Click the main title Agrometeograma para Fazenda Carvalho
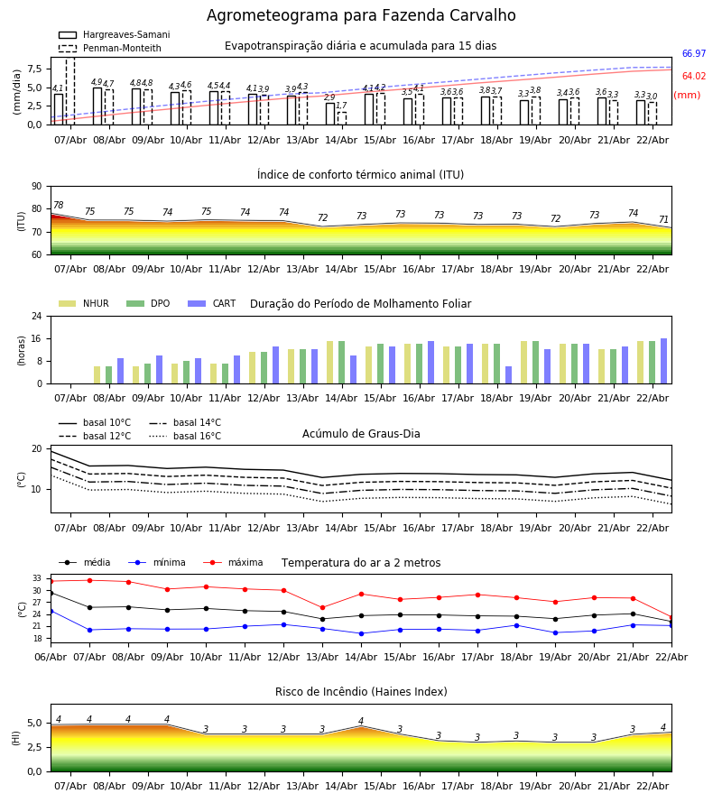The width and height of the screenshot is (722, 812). tap(361, 16)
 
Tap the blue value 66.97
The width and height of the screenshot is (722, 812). tap(693, 54)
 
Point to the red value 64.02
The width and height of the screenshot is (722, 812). tap(693, 77)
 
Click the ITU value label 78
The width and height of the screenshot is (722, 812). tap(58, 206)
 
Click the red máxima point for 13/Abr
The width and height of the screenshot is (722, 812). tap(322, 607)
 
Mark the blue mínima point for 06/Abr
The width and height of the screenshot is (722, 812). tap(51, 611)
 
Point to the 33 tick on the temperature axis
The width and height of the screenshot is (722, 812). tap(37, 578)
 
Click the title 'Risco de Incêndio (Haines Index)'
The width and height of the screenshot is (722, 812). tap(361, 692)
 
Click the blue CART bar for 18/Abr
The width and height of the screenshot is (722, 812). tap(509, 374)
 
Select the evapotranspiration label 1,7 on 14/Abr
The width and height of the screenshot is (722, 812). tap(341, 106)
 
